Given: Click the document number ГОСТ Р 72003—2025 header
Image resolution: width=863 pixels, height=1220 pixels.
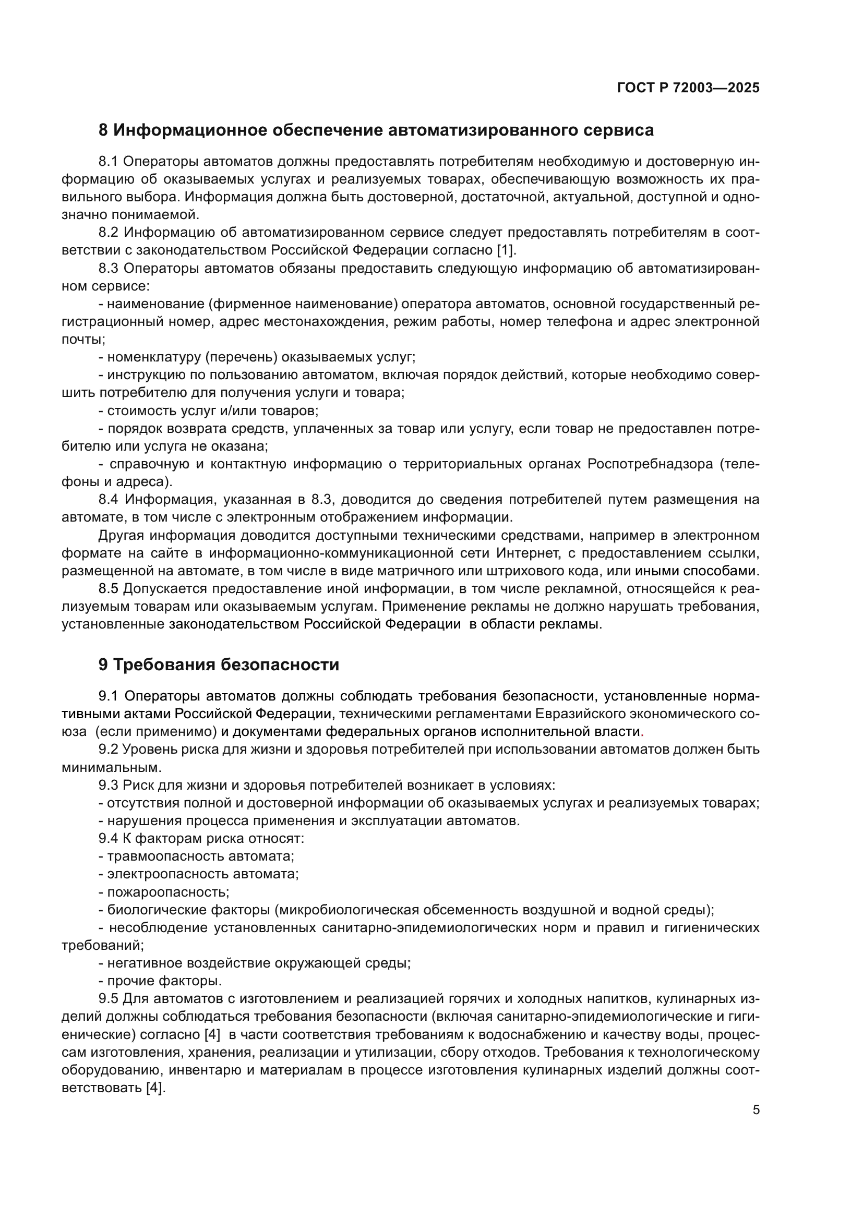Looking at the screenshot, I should coord(688,88).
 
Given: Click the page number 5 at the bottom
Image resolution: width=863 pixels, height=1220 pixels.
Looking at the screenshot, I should coord(756,1110).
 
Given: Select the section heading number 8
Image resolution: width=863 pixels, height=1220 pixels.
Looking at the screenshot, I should coord(103,130).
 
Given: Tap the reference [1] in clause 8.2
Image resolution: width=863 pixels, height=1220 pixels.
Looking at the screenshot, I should coord(506,250).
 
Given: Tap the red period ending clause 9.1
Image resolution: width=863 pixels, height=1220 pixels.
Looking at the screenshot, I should coord(642,732).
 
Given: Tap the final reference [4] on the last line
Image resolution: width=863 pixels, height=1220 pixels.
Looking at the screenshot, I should coord(155,1088).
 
